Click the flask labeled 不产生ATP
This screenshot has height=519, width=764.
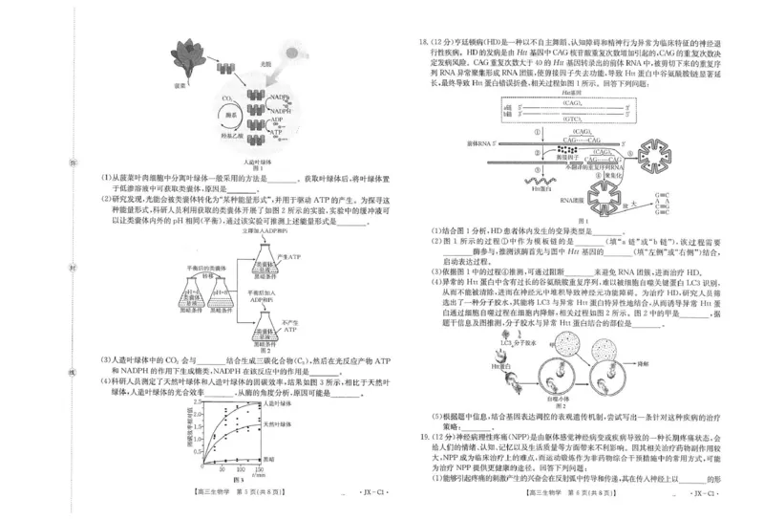275,326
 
